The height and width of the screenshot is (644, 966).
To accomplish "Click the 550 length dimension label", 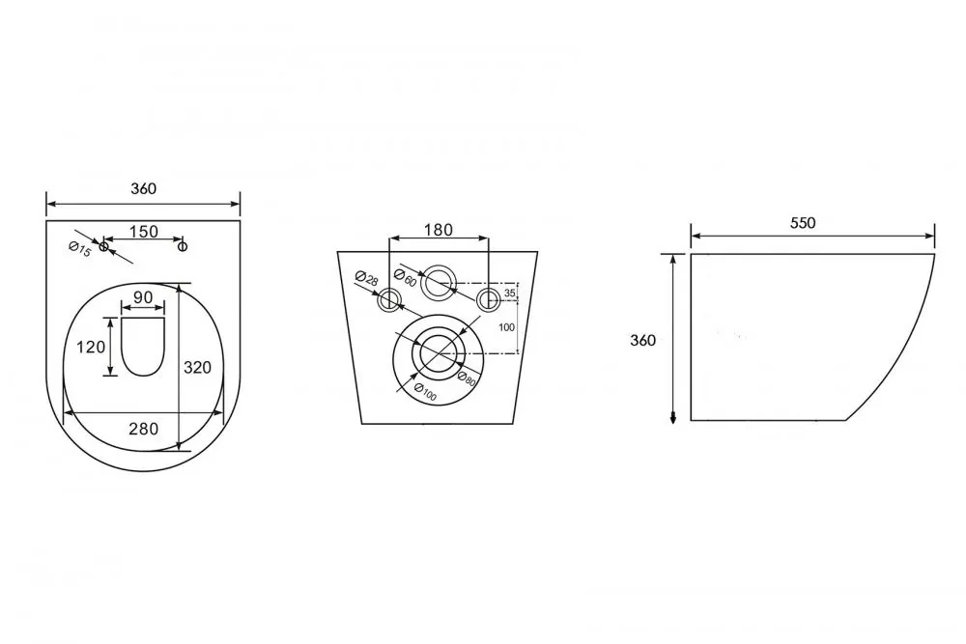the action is point(803,222).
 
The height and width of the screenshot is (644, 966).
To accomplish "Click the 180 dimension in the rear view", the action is point(438,230).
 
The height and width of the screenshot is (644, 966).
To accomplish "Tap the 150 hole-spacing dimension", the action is point(144,232).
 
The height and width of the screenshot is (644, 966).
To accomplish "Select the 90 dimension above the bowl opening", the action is point(143,297).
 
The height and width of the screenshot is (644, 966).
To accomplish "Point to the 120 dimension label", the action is point(91,348).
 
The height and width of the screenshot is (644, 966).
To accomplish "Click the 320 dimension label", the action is point(197,368).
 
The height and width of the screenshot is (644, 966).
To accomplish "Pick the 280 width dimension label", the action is point(144,429).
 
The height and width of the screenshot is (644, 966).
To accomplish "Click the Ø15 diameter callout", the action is point(80,249).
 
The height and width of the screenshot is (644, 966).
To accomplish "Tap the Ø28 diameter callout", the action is point(367,278).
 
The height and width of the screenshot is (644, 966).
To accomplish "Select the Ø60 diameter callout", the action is point(406,278).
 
